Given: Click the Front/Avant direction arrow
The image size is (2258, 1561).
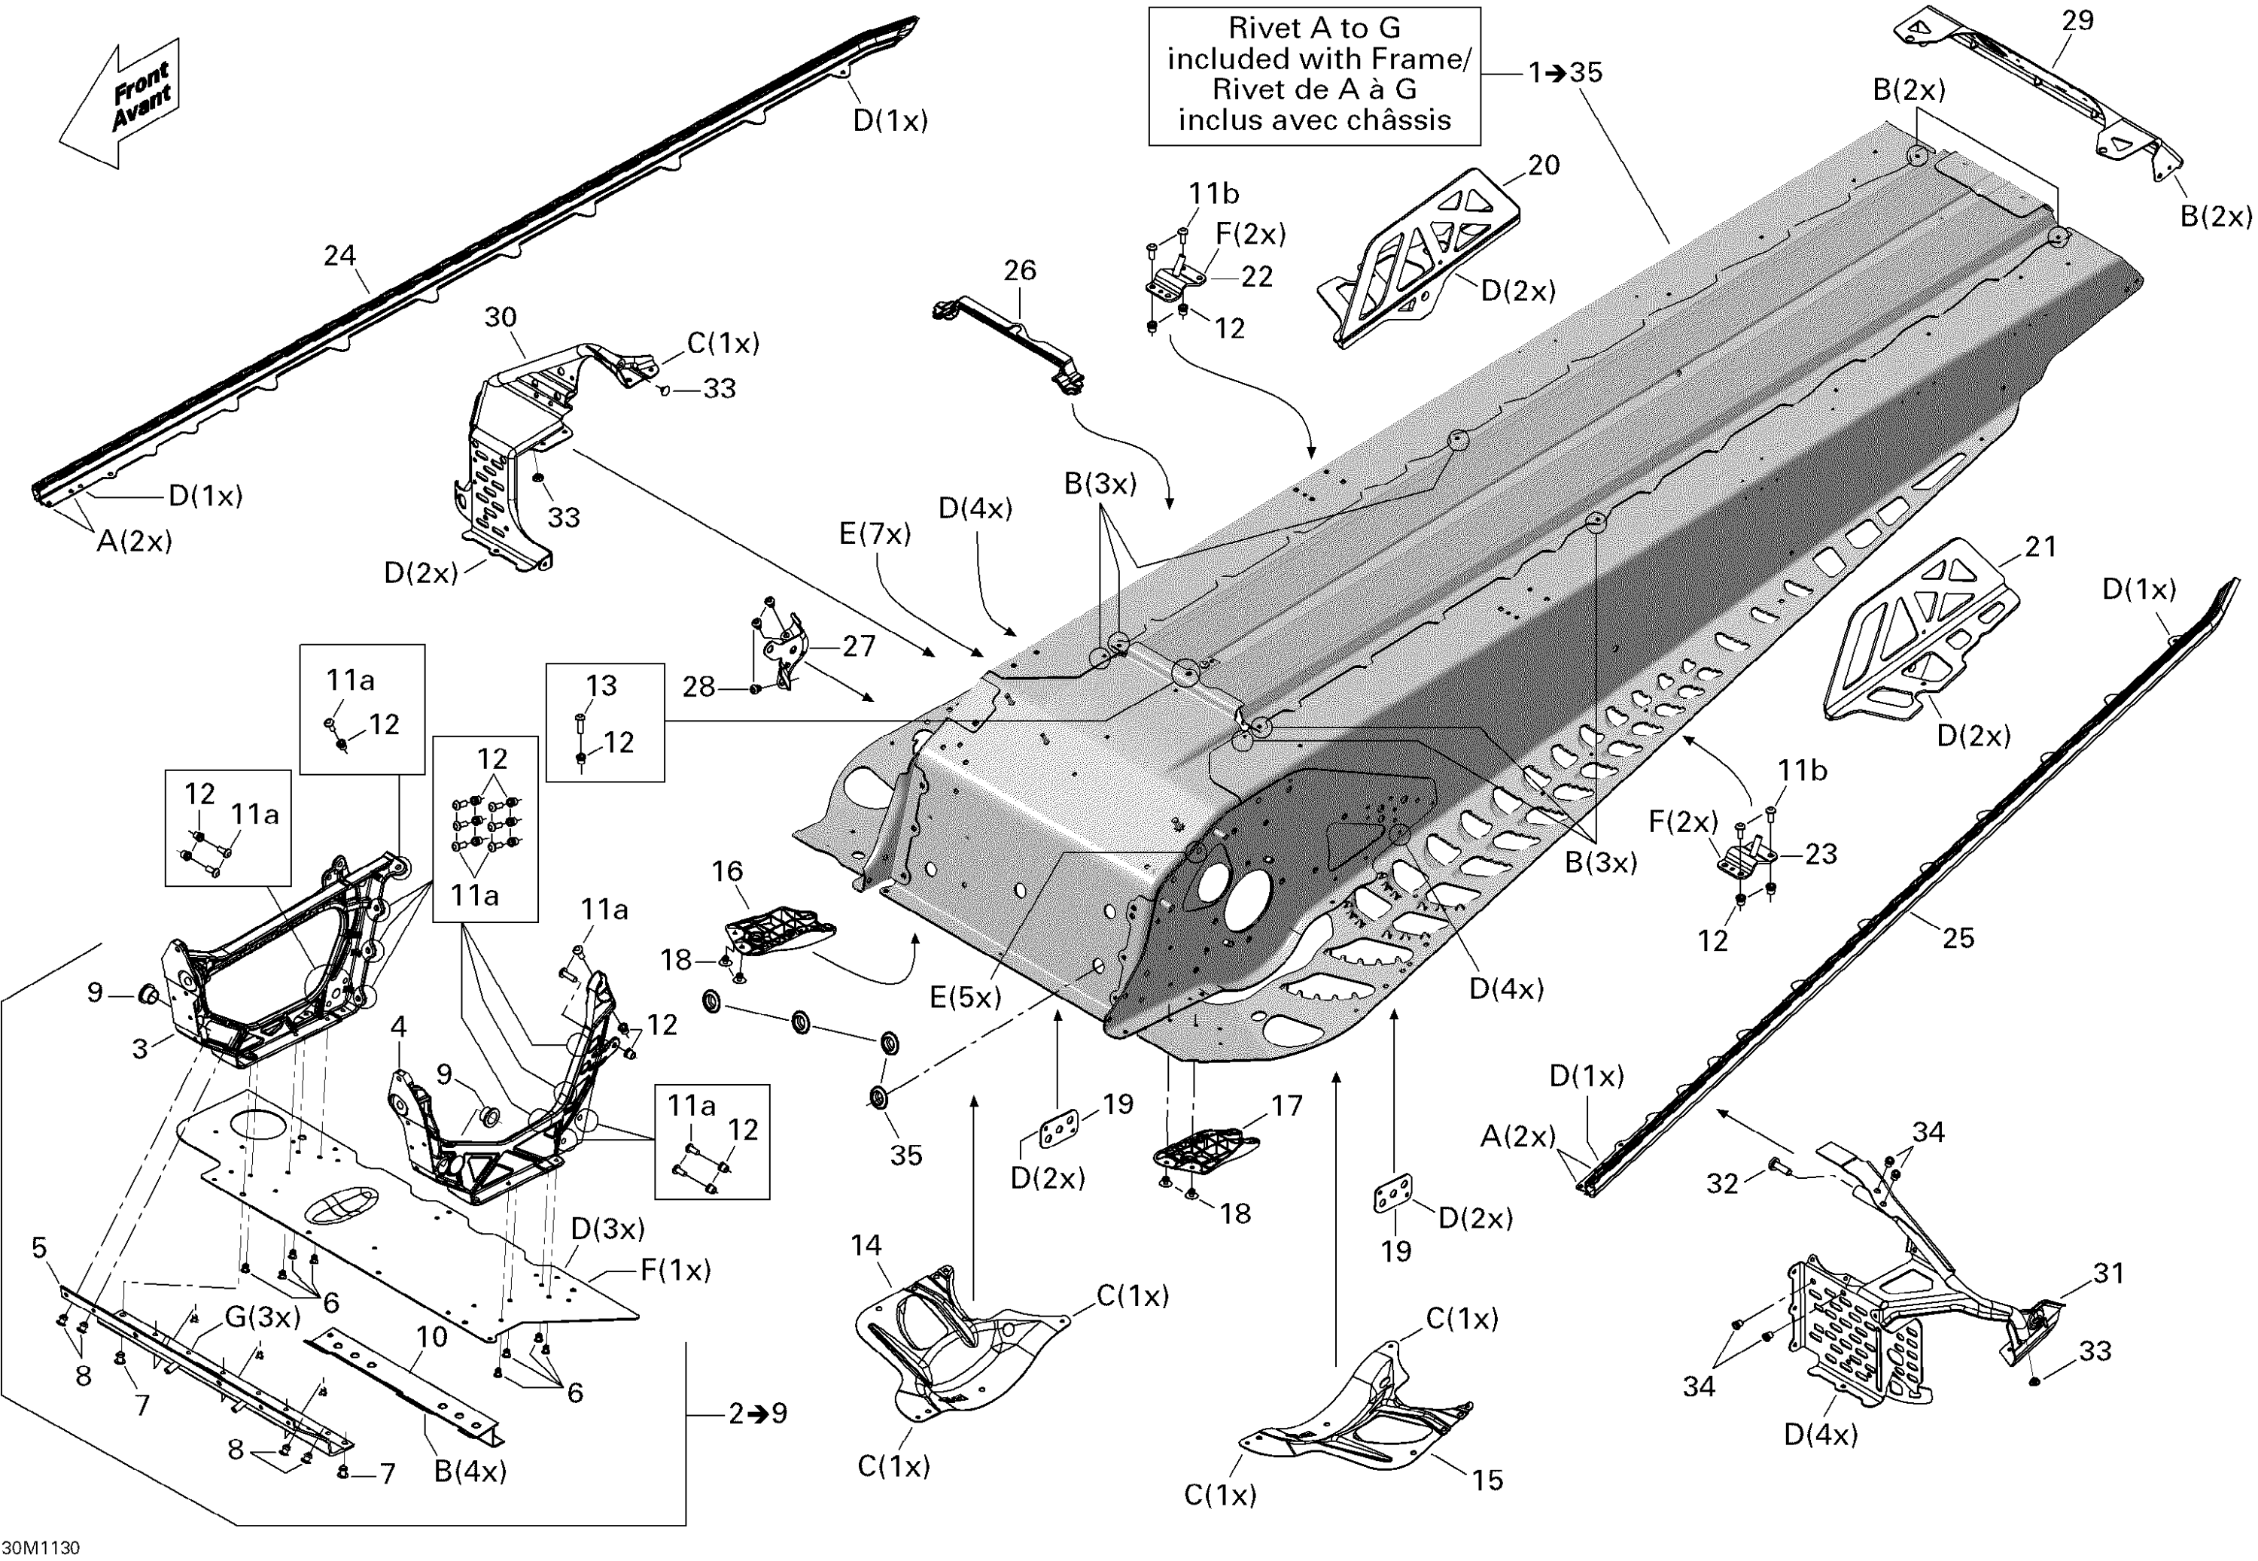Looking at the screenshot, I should coord(121,103).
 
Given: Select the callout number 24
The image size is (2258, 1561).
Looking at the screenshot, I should coord(339,257).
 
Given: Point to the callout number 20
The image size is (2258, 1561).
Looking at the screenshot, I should coord(1543,166).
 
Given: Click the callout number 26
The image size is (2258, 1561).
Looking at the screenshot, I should coord(1019,271).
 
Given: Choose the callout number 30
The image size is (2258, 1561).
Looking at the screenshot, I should coord(500,317).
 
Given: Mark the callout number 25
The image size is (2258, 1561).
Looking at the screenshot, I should coord(1958,938).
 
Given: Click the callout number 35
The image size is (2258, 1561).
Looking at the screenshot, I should coord(906,1155).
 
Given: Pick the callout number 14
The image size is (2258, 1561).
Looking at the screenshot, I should coord(866,1245).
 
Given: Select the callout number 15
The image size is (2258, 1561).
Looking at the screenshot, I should coord(1487,1480).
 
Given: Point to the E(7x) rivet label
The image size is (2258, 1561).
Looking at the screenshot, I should coord(875,534).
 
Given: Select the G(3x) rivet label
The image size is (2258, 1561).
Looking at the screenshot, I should coord(262,1317).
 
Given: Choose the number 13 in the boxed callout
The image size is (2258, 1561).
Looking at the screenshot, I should coord(601,685).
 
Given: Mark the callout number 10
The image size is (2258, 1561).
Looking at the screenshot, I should coord(431,1337).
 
